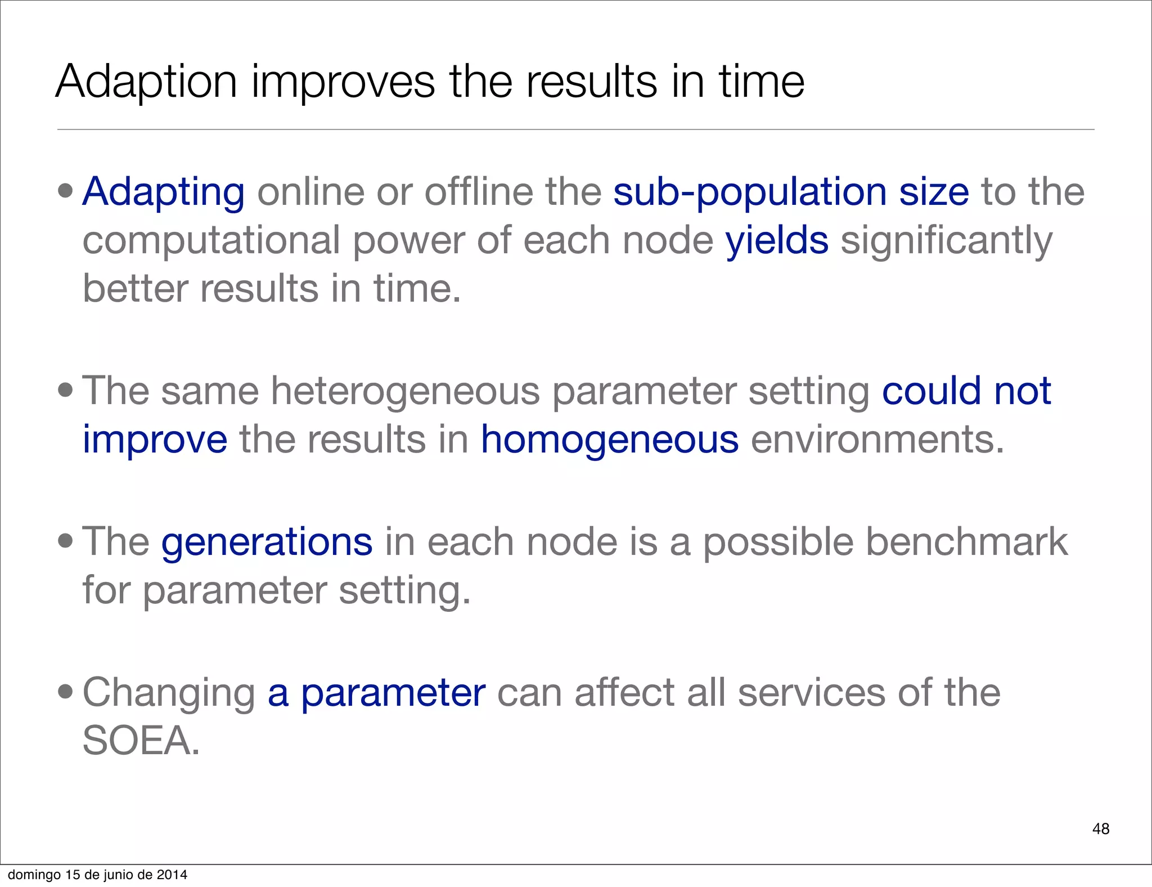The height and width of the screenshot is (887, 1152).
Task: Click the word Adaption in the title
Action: [x=146, y=82]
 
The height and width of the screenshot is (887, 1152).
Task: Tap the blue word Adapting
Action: [x=163, y=192]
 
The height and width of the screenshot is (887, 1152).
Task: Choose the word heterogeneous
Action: [x=405, y=391]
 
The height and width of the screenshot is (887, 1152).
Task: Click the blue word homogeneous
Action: [x=609, y=440]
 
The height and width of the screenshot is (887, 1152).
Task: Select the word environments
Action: [x=877, y=440]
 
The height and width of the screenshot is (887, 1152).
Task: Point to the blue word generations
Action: [x=267, y=542]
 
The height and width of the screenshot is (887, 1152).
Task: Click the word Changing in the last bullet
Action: [x=169, y=693]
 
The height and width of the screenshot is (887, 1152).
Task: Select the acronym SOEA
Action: [x=141, y=741]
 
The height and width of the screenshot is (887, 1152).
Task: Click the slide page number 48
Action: [x=1100, y=828]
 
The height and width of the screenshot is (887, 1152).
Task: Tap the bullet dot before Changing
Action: [x=65, y=691]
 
